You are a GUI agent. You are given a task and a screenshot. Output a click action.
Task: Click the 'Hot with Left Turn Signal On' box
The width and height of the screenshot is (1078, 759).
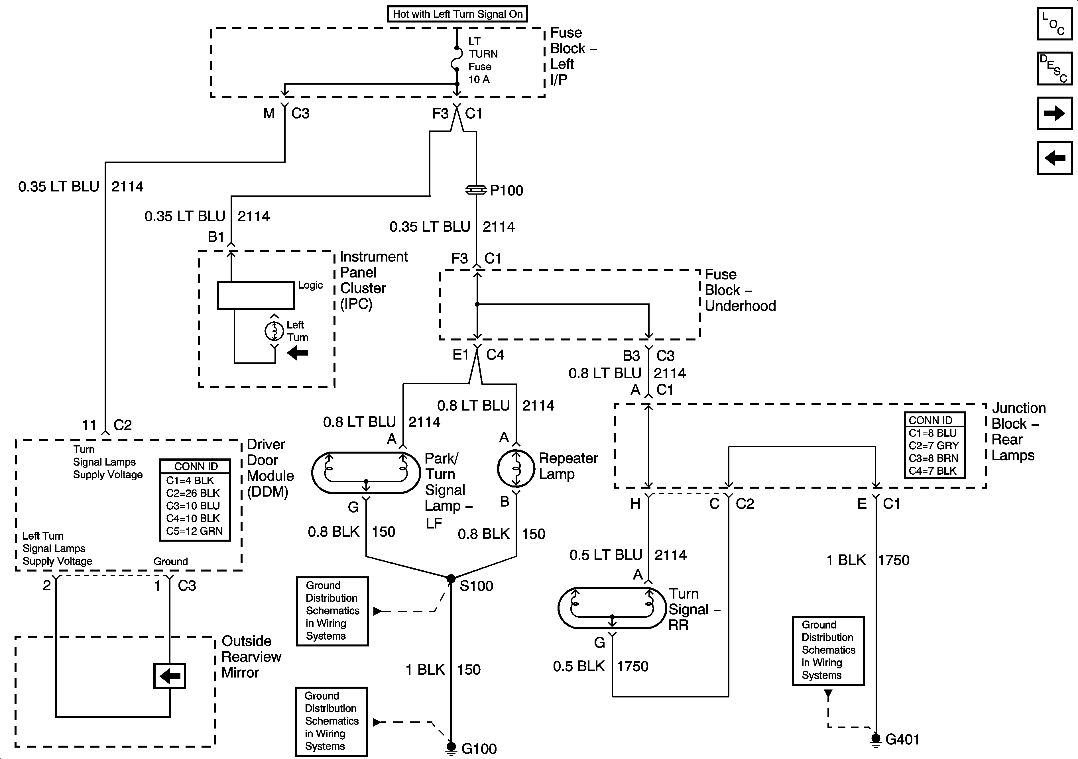point(457,14)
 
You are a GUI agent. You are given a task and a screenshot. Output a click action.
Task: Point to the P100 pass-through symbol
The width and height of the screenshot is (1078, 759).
point(476,190)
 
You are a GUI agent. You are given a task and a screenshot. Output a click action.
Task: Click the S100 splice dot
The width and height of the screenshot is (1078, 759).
point(451,579)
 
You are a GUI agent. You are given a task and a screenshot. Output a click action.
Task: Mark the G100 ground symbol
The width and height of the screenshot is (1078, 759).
point(451,746)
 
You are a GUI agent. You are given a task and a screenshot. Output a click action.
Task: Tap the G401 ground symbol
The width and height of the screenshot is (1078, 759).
point(876,738)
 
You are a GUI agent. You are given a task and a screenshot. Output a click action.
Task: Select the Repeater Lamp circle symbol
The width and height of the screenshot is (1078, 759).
point(516,468)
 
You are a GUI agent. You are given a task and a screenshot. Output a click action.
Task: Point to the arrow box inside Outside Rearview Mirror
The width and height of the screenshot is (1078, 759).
point(170,676)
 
